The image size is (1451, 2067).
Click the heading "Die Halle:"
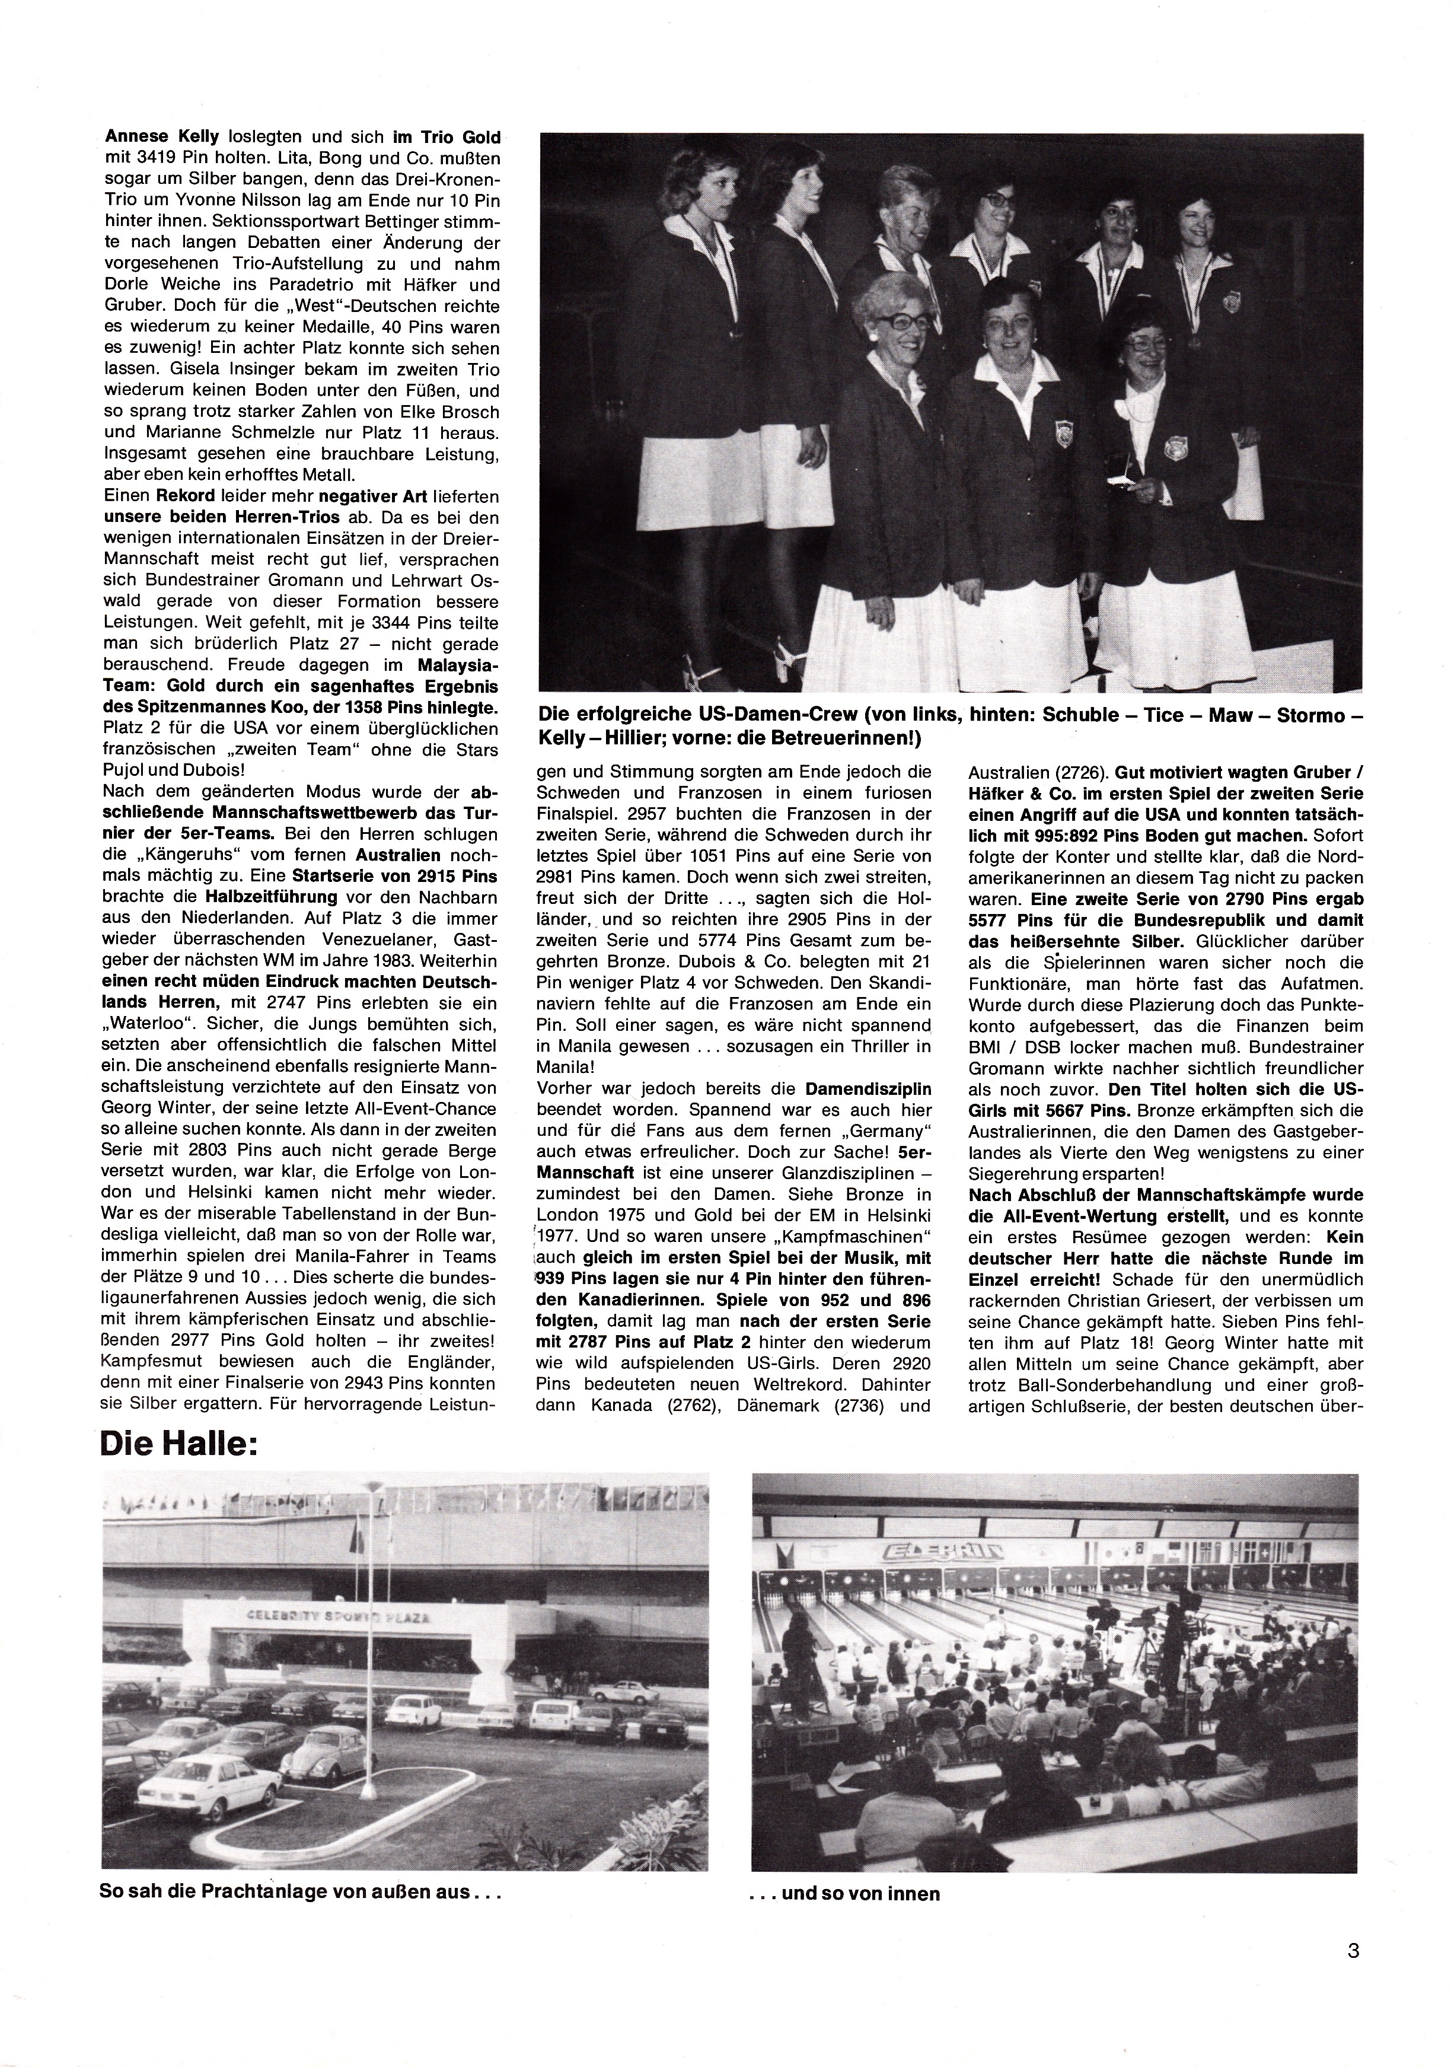click(x=179, y=1445)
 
